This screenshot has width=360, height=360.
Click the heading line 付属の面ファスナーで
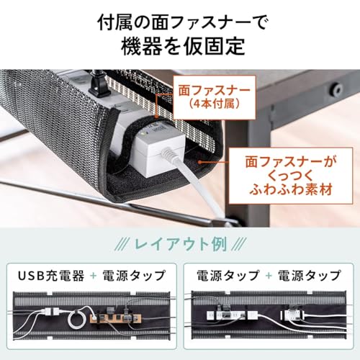pyautogui.click(x=182, y=23)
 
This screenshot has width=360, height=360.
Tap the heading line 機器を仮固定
pyautogui.click(x=183, y=46)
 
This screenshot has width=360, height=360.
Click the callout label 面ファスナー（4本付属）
pyautogui.click(x=215, y=97)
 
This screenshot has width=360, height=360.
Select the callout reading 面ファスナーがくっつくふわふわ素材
pyautogui.click(x=291, y=176)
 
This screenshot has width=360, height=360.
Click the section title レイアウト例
pyautogui.click(x=181, y=244)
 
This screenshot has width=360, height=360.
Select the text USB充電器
pyautogui.click(x=51, y=276)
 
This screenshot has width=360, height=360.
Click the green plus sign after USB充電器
pyautogui.click(x=94, y=276)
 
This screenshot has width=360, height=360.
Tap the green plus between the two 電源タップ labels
pyautogui.click(x=269, y=276)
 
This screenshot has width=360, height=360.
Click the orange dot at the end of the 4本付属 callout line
pyautogui.click(x=156, y=117)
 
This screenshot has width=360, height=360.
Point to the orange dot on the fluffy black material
pyautogui.click(x=199, y=162)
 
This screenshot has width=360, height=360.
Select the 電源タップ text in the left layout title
pyautogui.click(x=134, y=276)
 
